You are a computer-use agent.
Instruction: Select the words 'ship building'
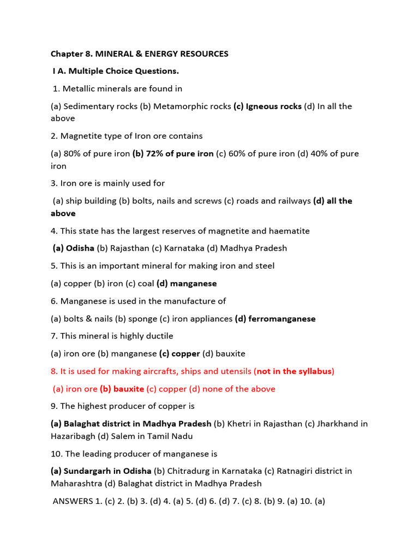point(91,201)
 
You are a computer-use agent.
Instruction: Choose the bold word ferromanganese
point(282,319)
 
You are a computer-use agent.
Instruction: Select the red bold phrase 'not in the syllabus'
point(294,371)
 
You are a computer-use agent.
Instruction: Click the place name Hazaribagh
point(76,436)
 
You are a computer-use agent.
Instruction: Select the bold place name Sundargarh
point(89,471)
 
